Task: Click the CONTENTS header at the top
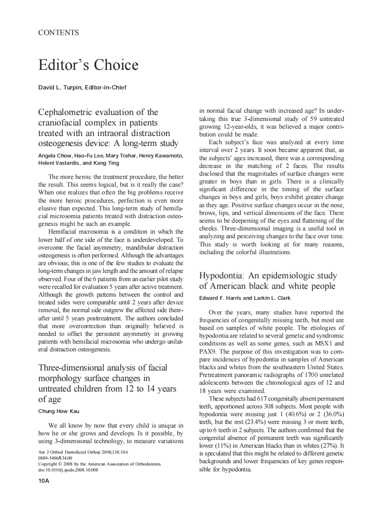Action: (x=58, y=33)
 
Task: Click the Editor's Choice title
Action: (x=88, y=65)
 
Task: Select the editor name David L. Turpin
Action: (x=57, y=87)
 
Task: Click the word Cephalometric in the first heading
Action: (x=69, y=112)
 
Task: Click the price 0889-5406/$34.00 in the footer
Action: (x=55, y=458)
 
